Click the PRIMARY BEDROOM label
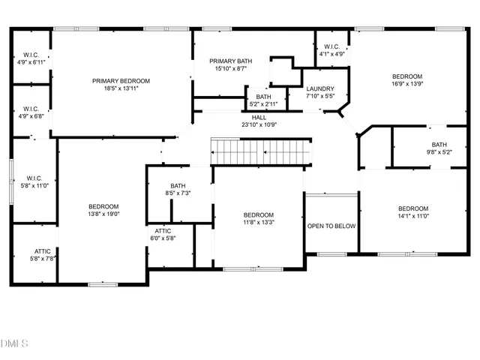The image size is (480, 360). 121,81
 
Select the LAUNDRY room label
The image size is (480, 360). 319,88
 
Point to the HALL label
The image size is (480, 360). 259,117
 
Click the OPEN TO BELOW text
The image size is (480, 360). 331,226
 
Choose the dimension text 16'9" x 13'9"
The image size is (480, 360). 408,84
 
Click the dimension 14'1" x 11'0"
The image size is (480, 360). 412,216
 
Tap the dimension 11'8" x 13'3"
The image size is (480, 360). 259,221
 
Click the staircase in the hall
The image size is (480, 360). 259,151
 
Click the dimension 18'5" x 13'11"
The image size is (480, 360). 121,88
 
